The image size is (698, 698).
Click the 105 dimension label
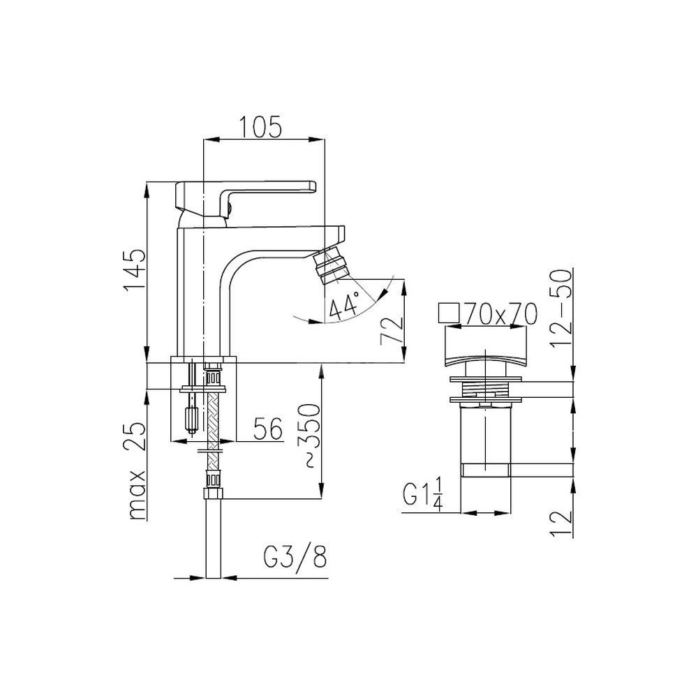pyautogui.click(x=261, y=126)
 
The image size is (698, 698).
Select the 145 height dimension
pyautogui.click(x=135, y=270)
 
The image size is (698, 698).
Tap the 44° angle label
pyautogui.click(x=343, y=306)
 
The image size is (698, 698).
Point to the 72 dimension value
pyautogui.click(x=391, y=330)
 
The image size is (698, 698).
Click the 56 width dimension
pyautogui.click(x=268, y=429)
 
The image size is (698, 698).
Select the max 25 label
pyautogui.click(x=136, y=471)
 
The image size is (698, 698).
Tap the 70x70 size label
pyautogui.click(x=500, y=314)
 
